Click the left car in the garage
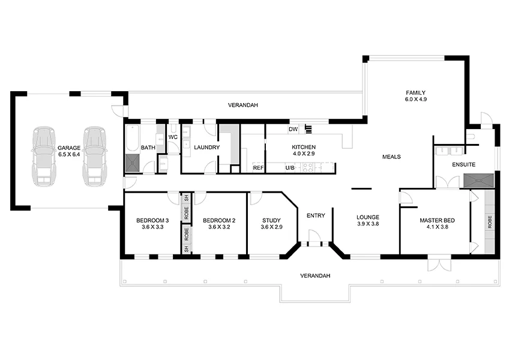pyautogui.click(x=44, y=156)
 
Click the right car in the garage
pyautogui.click(x=95, y=156)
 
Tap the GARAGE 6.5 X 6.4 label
pyautogui.click(x=69, y=151)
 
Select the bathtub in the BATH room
pyautogui.click(x=131, y=138)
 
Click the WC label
pyautogui.click(x=173, y=137)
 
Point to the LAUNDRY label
pyautogui.click(x=206, y=148)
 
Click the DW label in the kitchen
pyautogui.click(x=294, y=129)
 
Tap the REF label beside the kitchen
pyautogui.click(x=258, y=168)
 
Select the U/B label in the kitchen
pyautogui.click(x=290, y=168)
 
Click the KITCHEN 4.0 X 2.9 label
pyautogui.click(x=304, y=151)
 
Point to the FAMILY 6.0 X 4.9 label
pyautogui.click(x=415, y=95)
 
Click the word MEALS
pyautogui.click(x=391, y=157)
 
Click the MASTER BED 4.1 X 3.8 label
pyautogui.click(x=437, y=224)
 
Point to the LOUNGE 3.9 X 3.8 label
pyautogui.click(x=367, y=220)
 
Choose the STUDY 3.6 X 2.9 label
pyautogui.click(x=271, y=224)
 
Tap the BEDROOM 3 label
pyautogui.click(x=152, y=220)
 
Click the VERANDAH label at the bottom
pyautogui.click(x=316, y=275)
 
